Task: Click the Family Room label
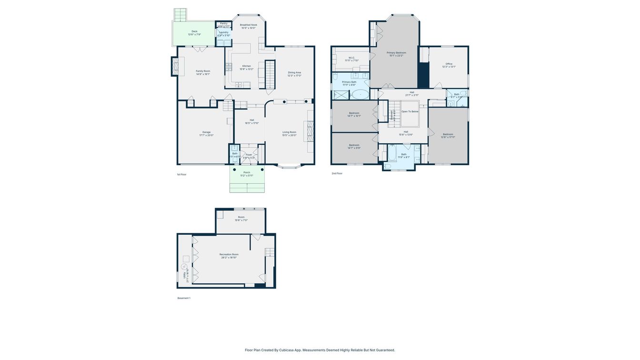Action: (203, 71)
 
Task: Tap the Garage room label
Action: (206, 132)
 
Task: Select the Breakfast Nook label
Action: (248, 25)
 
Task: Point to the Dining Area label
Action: (294, 72)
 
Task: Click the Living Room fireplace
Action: (309, 130)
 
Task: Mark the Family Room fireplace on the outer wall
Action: (175, 66)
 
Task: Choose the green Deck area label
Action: (194, 31)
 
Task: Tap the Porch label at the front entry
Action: (247, 172)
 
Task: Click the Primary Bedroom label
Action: (396, 52)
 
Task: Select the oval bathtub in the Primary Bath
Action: (360, 94)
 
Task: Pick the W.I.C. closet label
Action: (351, 58)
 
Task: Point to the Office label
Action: (449, 64)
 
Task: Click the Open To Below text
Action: (410, 111)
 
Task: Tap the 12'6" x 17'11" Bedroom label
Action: (448, 134)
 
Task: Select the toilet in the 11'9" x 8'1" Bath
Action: (387, 166)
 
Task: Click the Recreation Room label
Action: (229, 254)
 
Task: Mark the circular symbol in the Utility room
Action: (184, 266)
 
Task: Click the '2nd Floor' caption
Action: (337, 173)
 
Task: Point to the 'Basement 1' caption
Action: (184, 298)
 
